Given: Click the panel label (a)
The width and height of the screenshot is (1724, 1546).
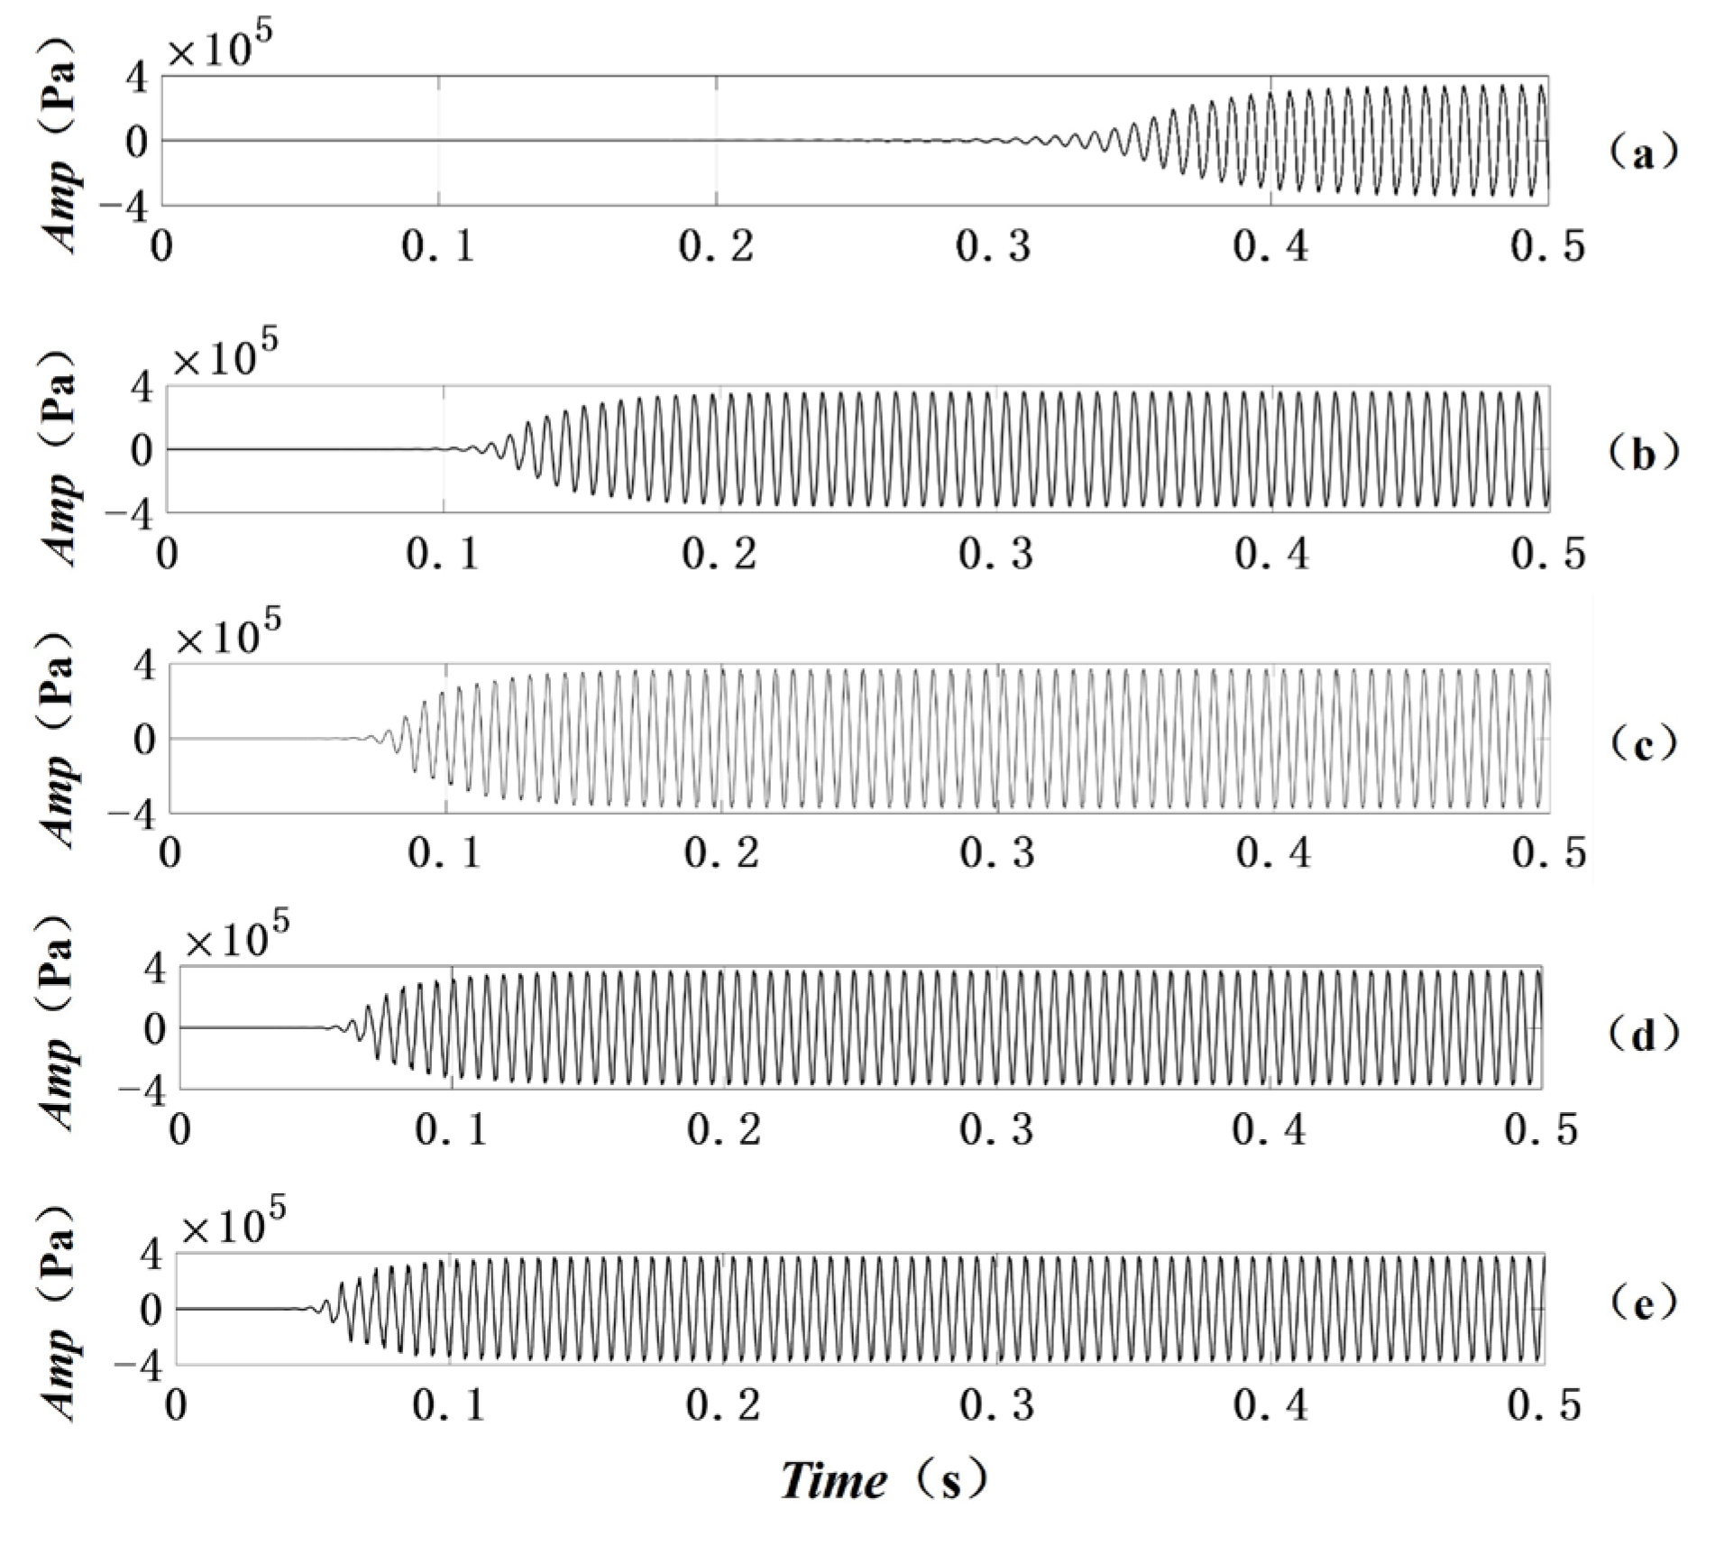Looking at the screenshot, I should point(1643,154).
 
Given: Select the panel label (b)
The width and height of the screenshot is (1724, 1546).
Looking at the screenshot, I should point(1643,454).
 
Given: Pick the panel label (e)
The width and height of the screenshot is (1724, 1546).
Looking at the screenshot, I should point(1643,1303).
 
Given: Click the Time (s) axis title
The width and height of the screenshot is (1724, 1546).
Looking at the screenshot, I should point(883,1482).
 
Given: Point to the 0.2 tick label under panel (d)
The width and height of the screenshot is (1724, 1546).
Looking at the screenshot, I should point(723,1129).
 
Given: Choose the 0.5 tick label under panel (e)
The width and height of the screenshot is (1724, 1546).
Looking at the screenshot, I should point(1545,1405).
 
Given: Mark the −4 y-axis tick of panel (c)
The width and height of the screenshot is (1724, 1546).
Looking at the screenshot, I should point(131,814).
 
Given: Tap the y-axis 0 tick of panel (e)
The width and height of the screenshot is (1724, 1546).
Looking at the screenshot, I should point(151,1309).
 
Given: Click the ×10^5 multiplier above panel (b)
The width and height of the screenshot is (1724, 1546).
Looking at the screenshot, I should point(225,357).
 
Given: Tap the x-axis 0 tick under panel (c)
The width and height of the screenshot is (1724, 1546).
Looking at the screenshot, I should point(170,852).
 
